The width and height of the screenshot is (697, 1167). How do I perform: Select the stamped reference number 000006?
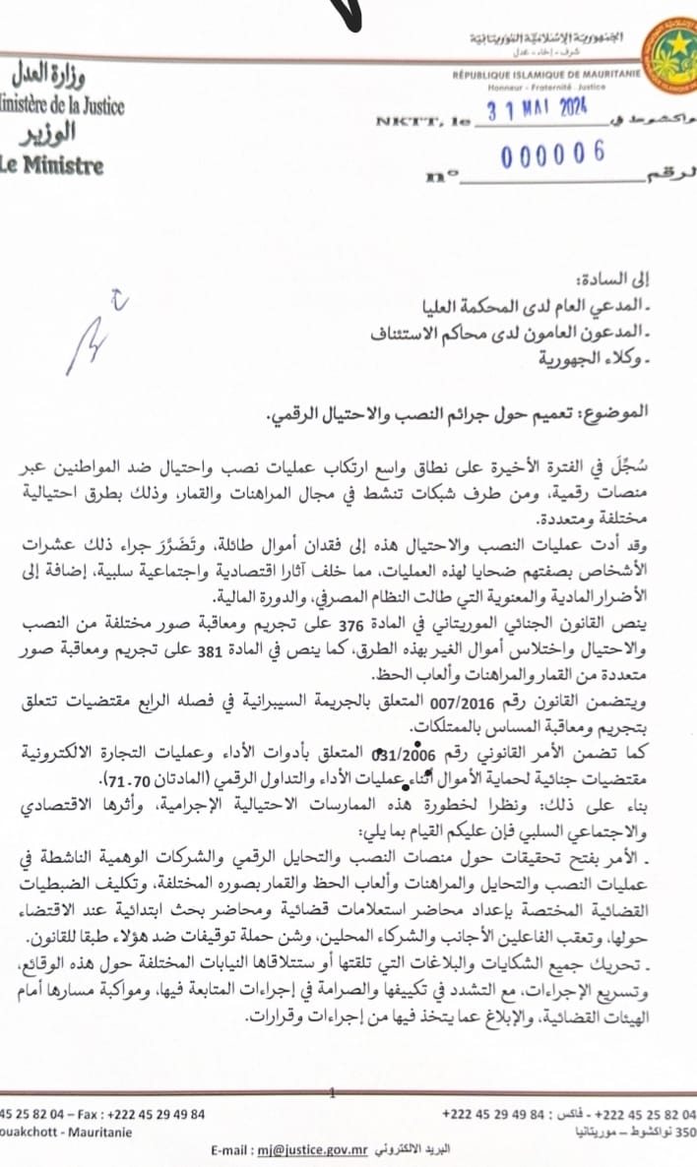(x=552, y=154)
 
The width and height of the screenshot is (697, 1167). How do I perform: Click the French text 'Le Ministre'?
(x=51, y=164)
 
